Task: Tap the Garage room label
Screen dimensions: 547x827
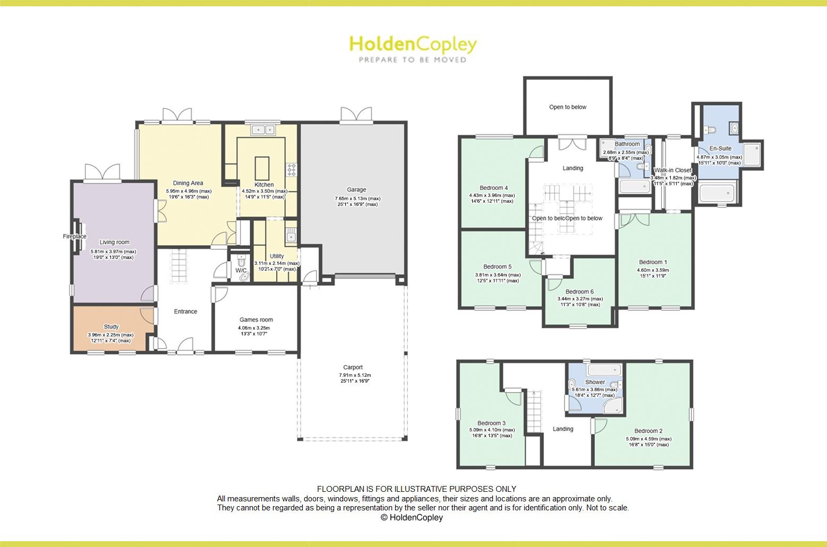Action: point(356,189)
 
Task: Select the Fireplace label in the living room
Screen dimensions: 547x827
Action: point(74,237)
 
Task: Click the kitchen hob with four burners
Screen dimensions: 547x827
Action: point(292,169)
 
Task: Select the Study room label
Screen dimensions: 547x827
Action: point(111,327)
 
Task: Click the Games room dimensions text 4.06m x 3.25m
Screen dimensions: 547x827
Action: point(256,328)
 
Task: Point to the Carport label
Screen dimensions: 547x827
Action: point(353,367)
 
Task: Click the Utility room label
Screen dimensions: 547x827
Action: point(277,256)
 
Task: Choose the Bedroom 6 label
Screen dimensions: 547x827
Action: point(579,291)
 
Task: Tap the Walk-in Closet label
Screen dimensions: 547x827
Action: point(672,170)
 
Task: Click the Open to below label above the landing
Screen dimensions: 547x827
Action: point(568,107)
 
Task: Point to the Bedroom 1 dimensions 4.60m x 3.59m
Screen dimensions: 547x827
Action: point(653,270)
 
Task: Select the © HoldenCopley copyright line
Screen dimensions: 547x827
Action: point(412,517)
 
